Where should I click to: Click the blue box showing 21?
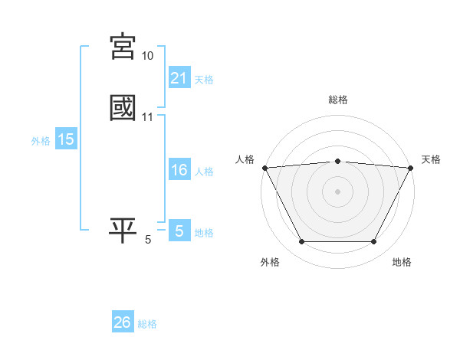[179, 78]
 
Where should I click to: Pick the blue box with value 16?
[179, 170]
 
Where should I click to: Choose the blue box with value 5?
[179, 231]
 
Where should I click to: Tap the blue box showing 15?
[66, 139]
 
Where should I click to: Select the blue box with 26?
[123, 322]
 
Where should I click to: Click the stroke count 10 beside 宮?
[147, 56]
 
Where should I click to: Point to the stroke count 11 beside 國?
[147, 116]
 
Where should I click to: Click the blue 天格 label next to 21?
[204, 79]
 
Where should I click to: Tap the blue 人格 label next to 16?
[204, 171]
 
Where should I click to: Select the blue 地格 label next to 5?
[204, 232]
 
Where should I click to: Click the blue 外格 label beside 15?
[41, 140]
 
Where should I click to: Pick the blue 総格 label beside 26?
[147, 323]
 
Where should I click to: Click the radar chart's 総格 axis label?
[337, 100]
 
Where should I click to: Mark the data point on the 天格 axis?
[410, 167]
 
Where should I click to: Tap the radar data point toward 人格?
[264, 167]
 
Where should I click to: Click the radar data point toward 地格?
[373, 242]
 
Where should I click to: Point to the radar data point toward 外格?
[301, 242]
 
